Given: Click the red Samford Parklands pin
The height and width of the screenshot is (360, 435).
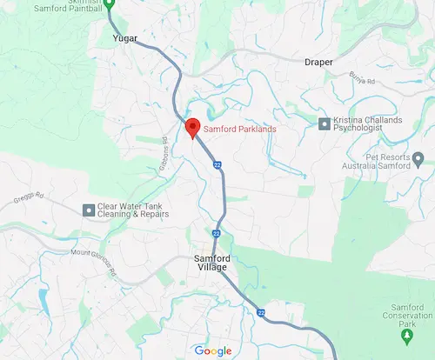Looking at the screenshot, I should click(x=193, y=128).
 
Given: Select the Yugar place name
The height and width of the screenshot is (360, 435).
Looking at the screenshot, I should click(x=127, y=39).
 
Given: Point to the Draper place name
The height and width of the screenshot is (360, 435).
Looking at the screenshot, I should click(x=319, y=62).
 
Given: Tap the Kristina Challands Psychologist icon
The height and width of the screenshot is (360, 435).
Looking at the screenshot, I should click(x=325, y=123).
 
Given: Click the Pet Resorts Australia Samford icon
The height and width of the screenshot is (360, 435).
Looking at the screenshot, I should click(x=418, y=159).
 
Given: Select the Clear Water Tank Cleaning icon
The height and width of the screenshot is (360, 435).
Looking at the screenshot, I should click(x=88, y=209).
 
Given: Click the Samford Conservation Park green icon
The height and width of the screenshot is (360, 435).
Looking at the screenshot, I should click(x=405, y=334).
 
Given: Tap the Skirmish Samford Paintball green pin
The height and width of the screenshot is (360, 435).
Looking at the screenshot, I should click(x=110, y=3).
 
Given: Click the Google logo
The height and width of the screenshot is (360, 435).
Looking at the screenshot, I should click(x=213, y=350).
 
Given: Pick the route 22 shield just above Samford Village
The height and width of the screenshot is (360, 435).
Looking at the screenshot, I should click(x=215, y=232).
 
